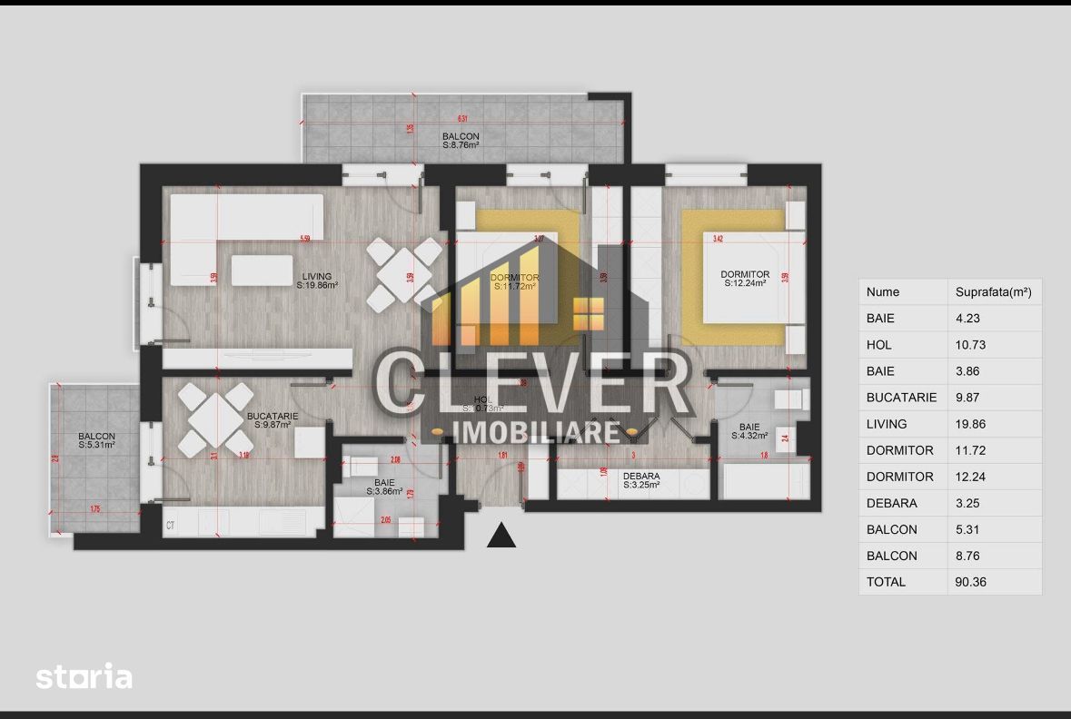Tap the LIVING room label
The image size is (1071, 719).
317,281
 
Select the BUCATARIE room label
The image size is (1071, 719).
269,420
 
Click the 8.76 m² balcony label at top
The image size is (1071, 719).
461,141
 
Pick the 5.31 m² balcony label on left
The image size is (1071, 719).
96,440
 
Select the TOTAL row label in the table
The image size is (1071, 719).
886,582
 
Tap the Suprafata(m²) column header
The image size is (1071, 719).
993,292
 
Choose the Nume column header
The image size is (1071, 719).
883,292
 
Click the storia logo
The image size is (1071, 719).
84,676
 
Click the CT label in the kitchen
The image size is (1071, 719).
170,525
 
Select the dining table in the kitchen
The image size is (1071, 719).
215,419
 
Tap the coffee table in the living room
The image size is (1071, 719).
262,270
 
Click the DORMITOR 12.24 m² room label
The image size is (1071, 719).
745,279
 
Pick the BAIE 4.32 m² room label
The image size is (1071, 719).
749,431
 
